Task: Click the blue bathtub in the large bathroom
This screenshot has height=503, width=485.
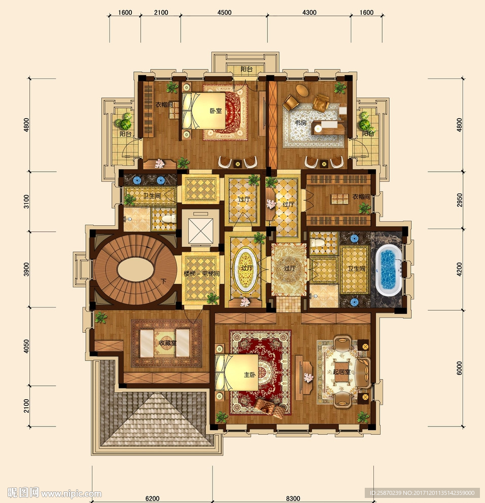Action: (388, 270)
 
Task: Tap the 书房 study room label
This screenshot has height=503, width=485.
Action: (301, 123)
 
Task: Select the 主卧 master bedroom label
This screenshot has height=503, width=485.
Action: (250, 374)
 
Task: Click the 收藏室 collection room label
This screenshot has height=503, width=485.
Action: (167, 343)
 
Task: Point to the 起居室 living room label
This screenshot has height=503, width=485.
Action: (341, 372)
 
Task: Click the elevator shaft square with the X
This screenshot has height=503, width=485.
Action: (200, 231)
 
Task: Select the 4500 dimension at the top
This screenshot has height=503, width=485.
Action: (224, 13)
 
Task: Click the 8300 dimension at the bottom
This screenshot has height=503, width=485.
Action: (293, 498)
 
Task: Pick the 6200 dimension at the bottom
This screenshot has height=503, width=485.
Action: (152, 498)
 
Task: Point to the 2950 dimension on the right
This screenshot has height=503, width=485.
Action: (460, 200)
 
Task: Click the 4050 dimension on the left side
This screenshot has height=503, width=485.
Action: (26, 346)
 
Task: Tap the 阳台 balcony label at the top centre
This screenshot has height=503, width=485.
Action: (247, 69)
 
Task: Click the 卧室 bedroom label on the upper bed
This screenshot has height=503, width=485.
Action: (216, 110)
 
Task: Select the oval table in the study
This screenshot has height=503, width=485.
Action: (302, 90)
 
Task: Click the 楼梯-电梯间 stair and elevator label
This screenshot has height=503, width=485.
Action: (201, 274)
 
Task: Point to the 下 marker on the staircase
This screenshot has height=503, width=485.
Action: (164, 281)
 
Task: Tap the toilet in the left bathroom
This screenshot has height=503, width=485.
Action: (169, 219)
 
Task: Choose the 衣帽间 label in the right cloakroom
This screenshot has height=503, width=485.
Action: (361, 197)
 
